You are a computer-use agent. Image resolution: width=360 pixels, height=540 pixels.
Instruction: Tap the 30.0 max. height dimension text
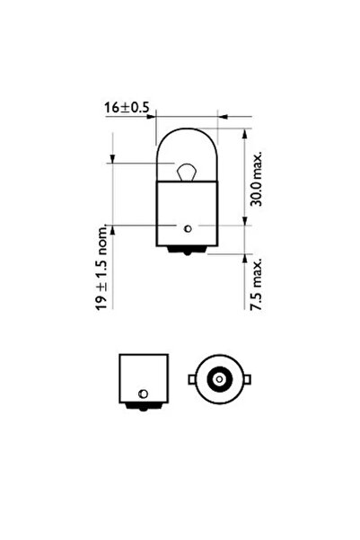[259, 180]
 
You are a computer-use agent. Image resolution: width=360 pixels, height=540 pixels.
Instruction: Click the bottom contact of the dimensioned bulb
[187, 252]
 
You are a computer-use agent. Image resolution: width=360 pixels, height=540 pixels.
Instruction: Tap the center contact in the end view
[217, 379]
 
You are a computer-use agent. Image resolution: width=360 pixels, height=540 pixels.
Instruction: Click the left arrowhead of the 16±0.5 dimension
[153, 115]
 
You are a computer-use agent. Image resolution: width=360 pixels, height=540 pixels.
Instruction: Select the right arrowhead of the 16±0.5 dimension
[221, 115]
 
